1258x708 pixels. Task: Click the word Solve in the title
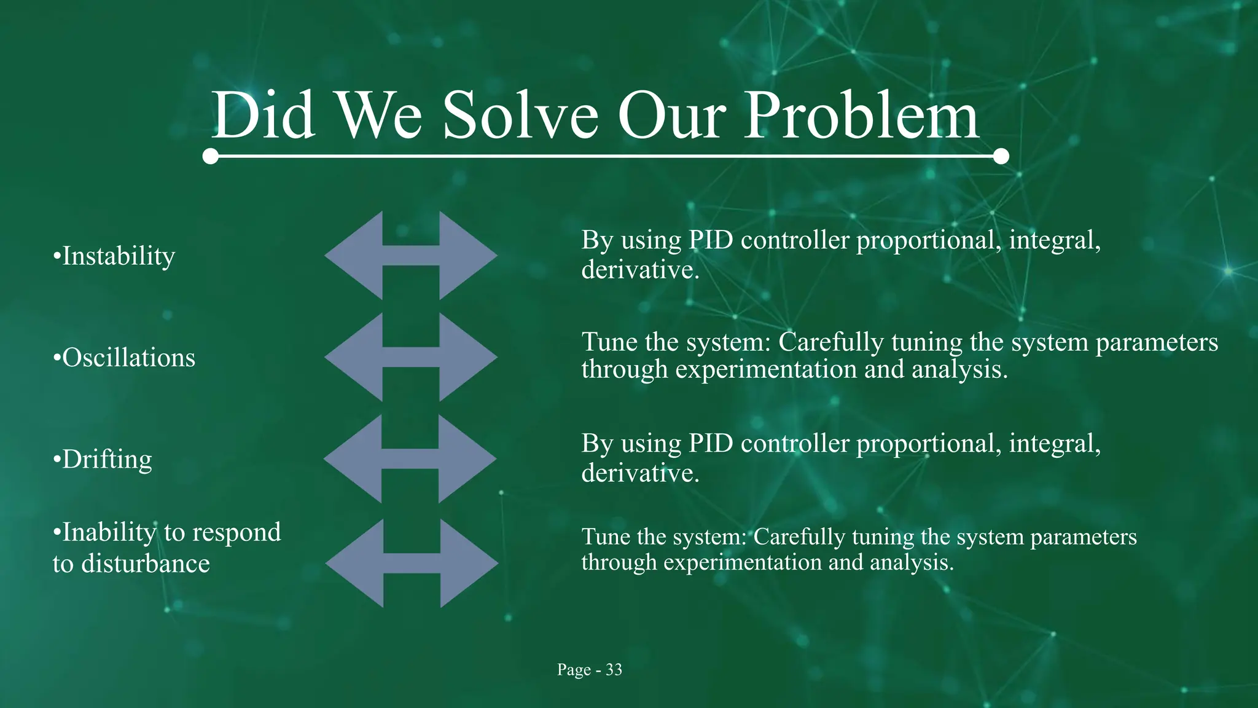pyautogui.click(x=520, y=116)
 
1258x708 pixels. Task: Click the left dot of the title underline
pyautogui.click(x=211, y=156)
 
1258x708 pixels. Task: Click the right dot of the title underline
pyautogui.click(x=1001, y=156)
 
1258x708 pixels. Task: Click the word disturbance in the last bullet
pyautogui.click(x=146, y=564)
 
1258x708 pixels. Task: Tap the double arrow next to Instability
pyautogui.click(x=410, y=256)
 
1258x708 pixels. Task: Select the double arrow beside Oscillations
pyautogui.click(x=410, y=357)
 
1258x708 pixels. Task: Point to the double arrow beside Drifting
pyautogui.click(x=410, y=458)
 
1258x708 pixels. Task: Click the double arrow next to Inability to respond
pyautogui.click(x=412, y=563)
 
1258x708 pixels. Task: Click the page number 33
pyautogui.click(x=614, y=670)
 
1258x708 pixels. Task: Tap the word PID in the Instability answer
pyautogui.click(x=711, y=240)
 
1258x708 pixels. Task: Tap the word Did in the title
pyautogui.click(x=264, y=116)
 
